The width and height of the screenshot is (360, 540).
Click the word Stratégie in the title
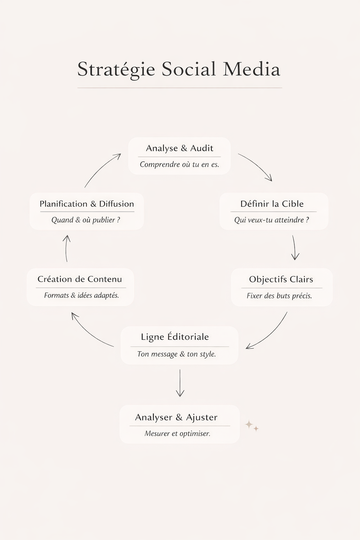[x=116, y=69]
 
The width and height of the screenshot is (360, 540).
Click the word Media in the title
[x=251, y=69]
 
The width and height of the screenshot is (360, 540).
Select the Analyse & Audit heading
[x=179, y=148]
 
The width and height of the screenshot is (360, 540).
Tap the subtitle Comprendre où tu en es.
[x=179, y=165]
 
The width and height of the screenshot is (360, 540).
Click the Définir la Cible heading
[x=272, y=204]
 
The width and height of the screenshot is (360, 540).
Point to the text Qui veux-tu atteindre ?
[x=271, y=220]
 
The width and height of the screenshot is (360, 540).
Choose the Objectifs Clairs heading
[x=281, y=279]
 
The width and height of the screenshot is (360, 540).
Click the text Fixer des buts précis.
[x=279, y=296]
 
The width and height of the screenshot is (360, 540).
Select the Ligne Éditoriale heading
[x=175, y=337]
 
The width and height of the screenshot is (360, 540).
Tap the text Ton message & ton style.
[x=176, y=354]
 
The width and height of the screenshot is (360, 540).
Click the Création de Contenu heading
[x=80, y=279]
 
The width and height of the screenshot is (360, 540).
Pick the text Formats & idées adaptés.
[x=82, y=295]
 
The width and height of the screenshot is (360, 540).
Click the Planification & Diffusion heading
[x=87, y=204]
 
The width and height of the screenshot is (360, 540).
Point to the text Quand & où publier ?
[x=86, y=220]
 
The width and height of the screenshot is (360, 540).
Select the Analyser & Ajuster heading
[x=176, y=417]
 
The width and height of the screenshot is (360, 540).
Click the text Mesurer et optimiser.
[x=177, y=433]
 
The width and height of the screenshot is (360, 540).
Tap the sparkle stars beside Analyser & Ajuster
[x=252, y=426]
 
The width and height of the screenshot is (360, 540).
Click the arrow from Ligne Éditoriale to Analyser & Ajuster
[x=180, y=383]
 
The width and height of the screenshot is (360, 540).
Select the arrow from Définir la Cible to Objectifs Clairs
[x=295, y=248]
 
